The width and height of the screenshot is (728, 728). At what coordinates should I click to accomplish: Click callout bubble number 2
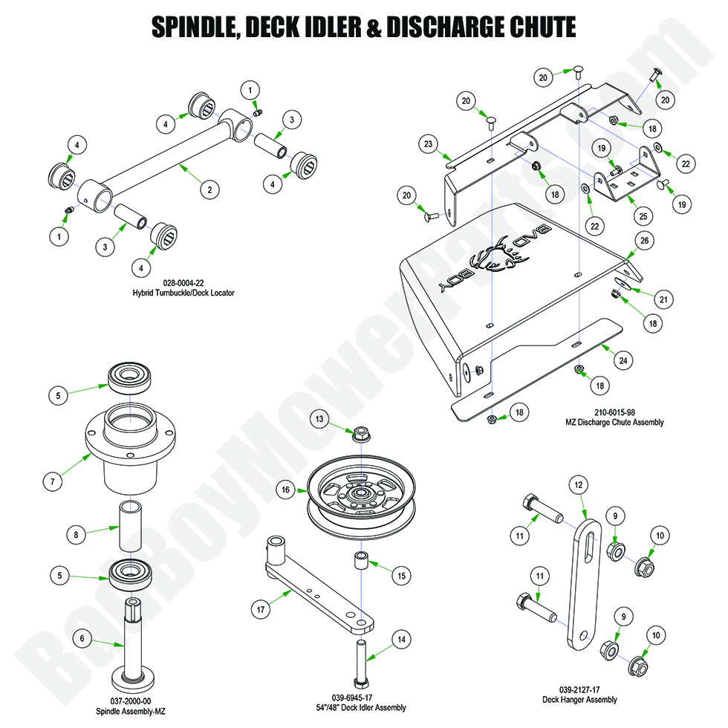(209, 190)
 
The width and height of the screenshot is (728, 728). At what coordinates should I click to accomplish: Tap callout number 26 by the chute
(644, 241)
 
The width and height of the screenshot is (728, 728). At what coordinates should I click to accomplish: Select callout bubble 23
(429, 145)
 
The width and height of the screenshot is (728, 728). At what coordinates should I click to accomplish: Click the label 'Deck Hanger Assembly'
(579, 700)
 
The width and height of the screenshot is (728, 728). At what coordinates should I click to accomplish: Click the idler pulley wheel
(359, 498)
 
